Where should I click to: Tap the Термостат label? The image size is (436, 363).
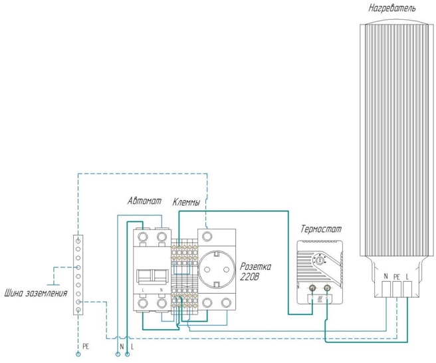coord(322,229)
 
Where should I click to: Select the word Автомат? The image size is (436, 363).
coord(145,201)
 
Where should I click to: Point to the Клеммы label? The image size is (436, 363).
coord(186,201)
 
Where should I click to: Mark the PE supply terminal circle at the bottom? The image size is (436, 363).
coord(78,355)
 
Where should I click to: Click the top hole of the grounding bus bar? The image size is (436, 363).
coord(78,237)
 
